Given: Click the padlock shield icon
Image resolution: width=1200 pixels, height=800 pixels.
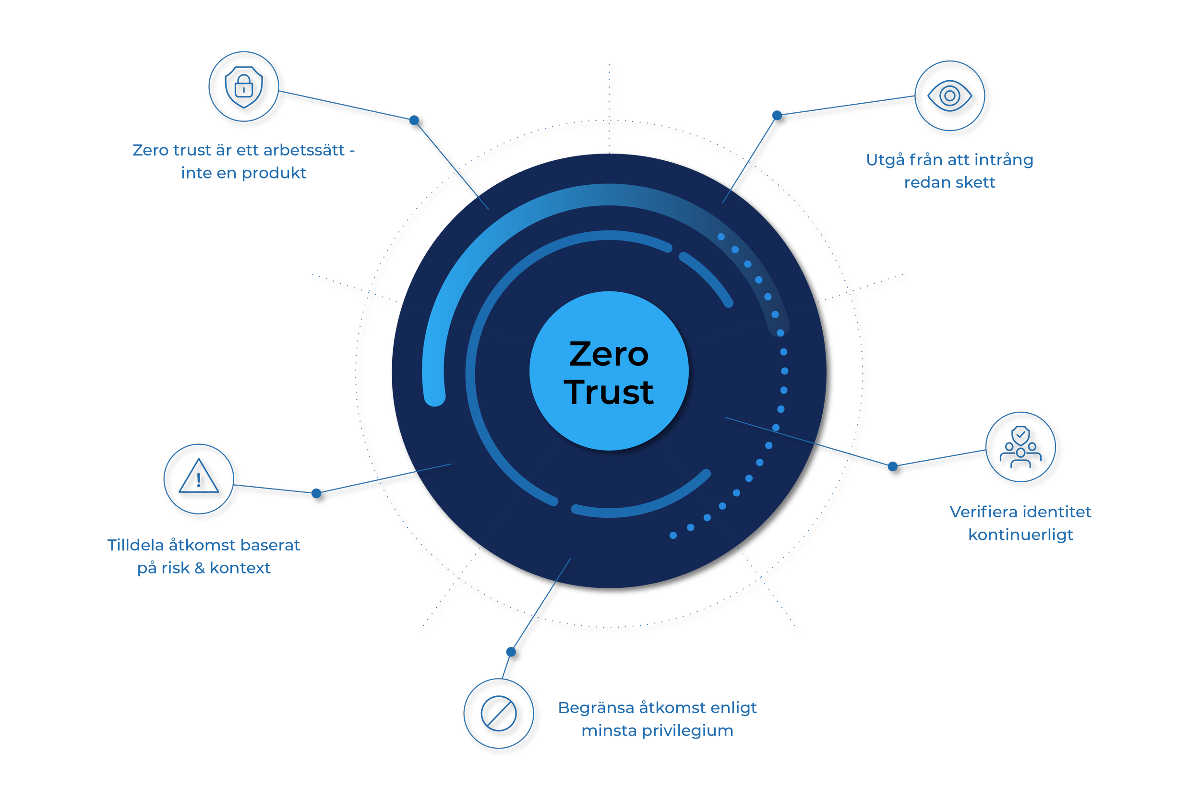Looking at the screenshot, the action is pos(244,87).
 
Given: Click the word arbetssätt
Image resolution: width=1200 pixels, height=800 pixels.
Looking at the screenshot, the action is pos(304,150).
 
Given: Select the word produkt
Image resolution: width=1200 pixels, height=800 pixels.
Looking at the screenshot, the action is pos(274,173).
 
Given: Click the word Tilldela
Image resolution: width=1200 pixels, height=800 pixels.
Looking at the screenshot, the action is pos(135,545).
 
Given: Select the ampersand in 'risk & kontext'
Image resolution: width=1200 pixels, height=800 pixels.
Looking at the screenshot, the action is pos(200,568).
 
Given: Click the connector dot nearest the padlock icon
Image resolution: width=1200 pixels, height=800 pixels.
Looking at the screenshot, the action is pos(414,120).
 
